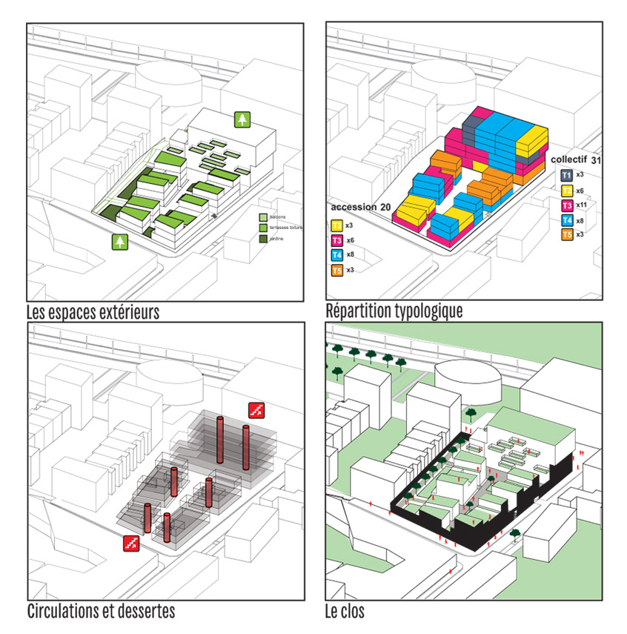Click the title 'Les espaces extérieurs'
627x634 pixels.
coord(93,311)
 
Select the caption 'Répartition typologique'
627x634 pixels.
coord(394,311)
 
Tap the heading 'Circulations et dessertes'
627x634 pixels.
coord(101,612)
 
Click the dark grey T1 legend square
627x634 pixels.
coord(565,175)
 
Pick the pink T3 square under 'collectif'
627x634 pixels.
coord(565,205)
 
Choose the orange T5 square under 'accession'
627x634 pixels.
coord(336,270)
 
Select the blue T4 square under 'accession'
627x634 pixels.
coord(336,255)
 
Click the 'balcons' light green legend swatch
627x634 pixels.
coord(263,217)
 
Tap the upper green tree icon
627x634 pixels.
coord(242,119)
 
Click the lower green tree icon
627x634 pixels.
coord(118,242)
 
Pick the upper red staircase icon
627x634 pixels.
coord(256,409)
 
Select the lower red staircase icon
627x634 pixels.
coord(131,543)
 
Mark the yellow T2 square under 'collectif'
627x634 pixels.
coord(565,190)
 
